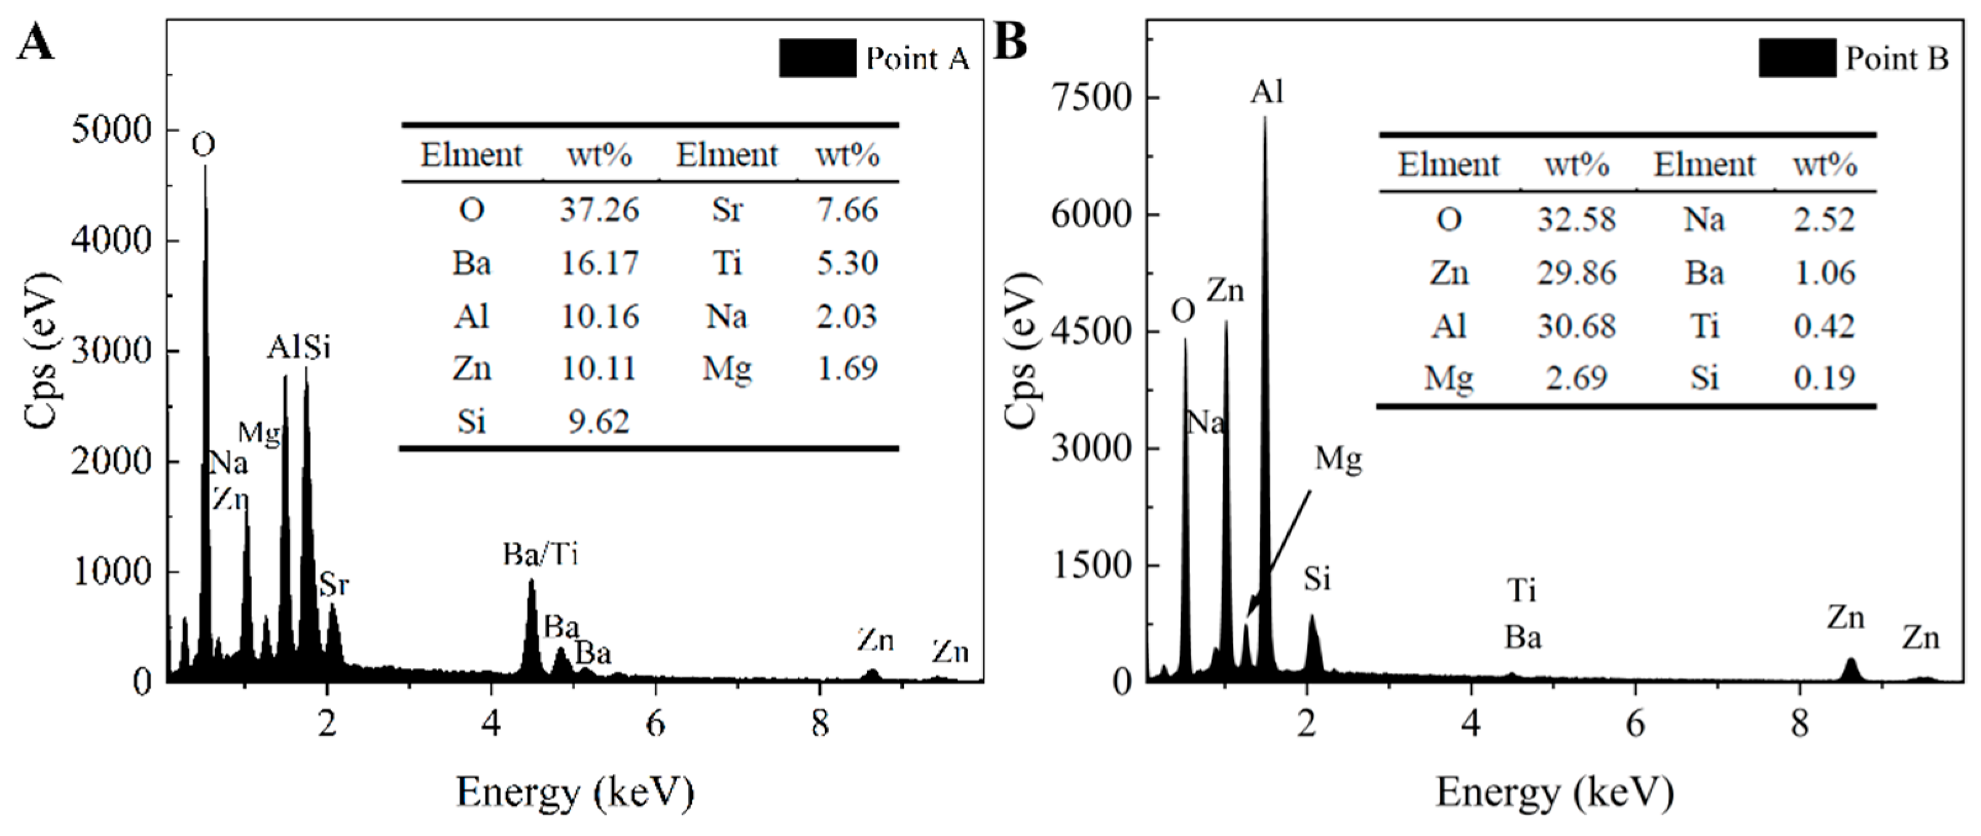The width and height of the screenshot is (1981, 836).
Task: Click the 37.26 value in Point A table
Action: click(599, 210)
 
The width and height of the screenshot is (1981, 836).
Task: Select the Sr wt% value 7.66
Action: click(847, 210)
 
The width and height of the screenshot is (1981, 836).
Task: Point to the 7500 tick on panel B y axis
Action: click(1091, 98)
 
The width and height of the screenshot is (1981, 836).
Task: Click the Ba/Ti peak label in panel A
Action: click(540, 554)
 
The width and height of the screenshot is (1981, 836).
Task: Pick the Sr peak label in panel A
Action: click(334, 585)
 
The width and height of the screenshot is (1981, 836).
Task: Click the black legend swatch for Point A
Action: click(816, 59)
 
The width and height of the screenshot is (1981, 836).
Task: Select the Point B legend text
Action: click(1897, 59)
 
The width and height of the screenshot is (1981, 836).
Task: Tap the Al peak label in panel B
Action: click(1267, 92)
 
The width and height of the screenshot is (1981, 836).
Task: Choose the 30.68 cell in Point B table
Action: click(1577, 326)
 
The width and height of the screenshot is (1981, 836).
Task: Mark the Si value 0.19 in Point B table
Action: click(1824, 378)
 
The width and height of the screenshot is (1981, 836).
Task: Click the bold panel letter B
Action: click(1011, 41)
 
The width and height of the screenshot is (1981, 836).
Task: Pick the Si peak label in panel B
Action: click(1317, 578)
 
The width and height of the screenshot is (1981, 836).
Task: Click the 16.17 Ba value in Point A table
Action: click(599, 263)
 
